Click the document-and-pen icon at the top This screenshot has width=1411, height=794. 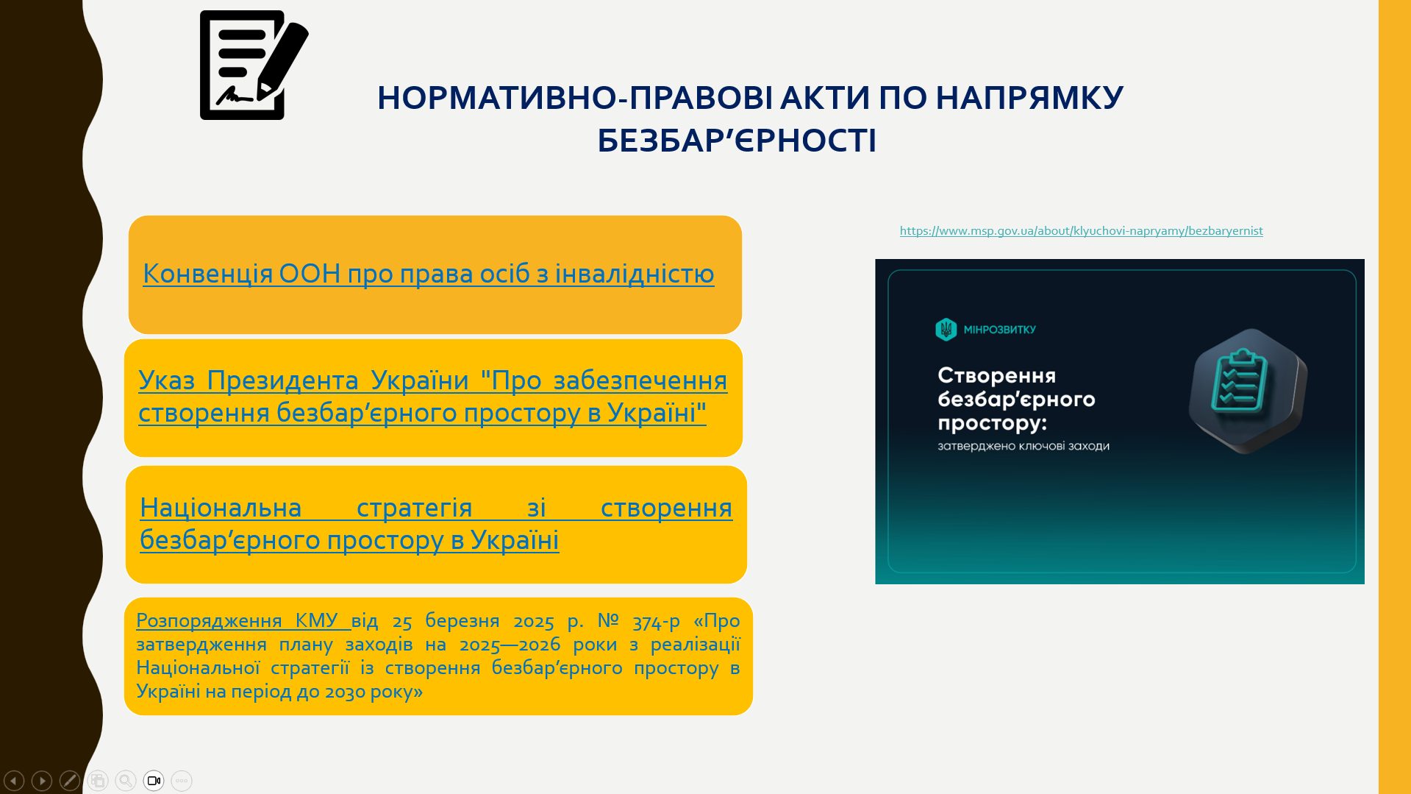[x=254, y=65]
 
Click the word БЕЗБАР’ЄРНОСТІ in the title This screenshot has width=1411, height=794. [x=736, y=141]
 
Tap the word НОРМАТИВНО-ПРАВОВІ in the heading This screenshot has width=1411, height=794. [x=574, y=98]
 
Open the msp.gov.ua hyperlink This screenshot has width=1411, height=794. [x=1081, y=231]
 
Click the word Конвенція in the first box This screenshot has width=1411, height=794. [x=207, y=274]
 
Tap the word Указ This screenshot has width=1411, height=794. [x=166, y=380]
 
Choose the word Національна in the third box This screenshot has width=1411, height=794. [x=221, y=508]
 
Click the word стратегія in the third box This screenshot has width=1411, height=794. [x=414, y=508]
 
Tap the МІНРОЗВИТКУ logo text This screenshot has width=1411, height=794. [x=999, y=330]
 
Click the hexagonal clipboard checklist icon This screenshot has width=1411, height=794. [x=1248, y=390]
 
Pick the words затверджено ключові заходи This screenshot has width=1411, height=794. [x=1023, y=446]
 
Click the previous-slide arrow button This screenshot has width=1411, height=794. [x=14, y=781]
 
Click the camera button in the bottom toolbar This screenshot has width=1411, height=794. [x=154, y=781]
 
